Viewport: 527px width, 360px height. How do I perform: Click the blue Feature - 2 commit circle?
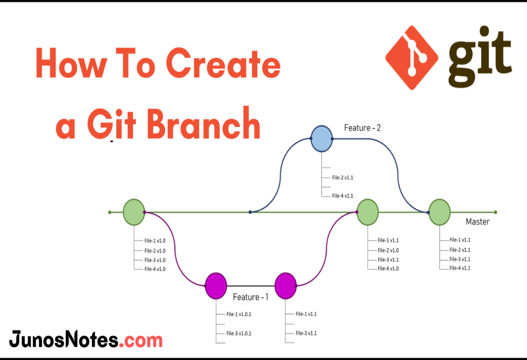321,139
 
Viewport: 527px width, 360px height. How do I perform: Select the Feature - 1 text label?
250,297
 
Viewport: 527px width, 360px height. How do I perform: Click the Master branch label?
477,222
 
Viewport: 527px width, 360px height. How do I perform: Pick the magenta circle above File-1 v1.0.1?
216,286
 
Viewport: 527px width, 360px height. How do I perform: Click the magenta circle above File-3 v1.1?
285,286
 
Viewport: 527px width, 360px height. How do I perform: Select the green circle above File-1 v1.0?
134,212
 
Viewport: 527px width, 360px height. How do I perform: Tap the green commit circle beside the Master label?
439,212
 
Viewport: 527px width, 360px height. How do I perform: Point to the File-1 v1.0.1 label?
238,314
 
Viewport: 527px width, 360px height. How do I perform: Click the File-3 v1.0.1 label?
238,333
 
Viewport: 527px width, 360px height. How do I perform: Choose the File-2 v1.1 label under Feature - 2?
343,178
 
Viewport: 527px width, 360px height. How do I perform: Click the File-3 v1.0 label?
155,260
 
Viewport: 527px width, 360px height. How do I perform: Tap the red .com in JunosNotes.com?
141,340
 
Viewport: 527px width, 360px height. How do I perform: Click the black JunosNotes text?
63,340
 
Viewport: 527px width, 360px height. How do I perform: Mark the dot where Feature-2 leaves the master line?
250,212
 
